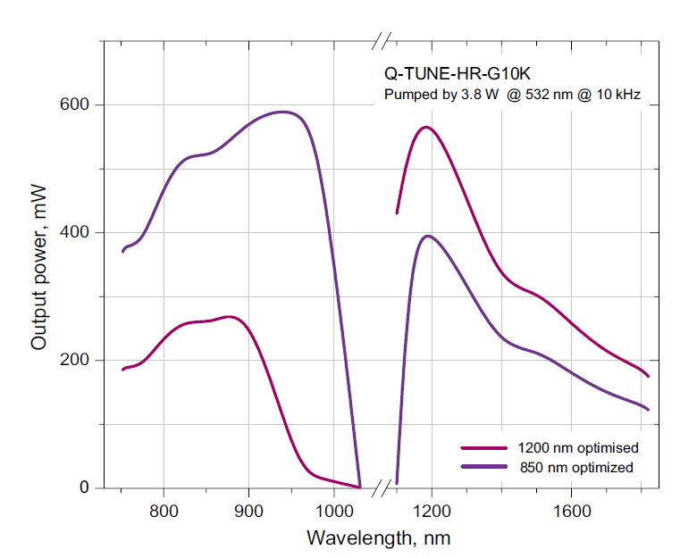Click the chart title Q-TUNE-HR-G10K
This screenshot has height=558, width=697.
coord(457,72)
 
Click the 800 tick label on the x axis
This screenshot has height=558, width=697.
coord(164,511)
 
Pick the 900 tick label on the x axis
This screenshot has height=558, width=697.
coord(248,511)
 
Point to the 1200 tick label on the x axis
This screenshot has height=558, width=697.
coord(432,511)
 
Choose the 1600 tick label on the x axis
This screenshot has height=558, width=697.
coord(571,511)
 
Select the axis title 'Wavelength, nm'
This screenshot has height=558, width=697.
coord(378,538)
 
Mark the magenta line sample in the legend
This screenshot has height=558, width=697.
coord(483,447)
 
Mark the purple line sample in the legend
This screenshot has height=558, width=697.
coord(483,467)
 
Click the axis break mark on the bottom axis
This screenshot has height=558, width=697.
coord(382,488)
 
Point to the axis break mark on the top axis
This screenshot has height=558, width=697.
coord(382,40)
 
